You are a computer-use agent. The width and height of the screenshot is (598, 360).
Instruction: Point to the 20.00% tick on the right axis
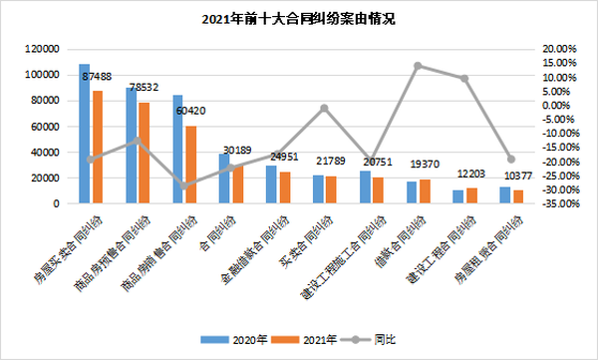(x=555, y=48)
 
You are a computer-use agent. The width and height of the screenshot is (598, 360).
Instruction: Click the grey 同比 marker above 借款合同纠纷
(x=418, y=66)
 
